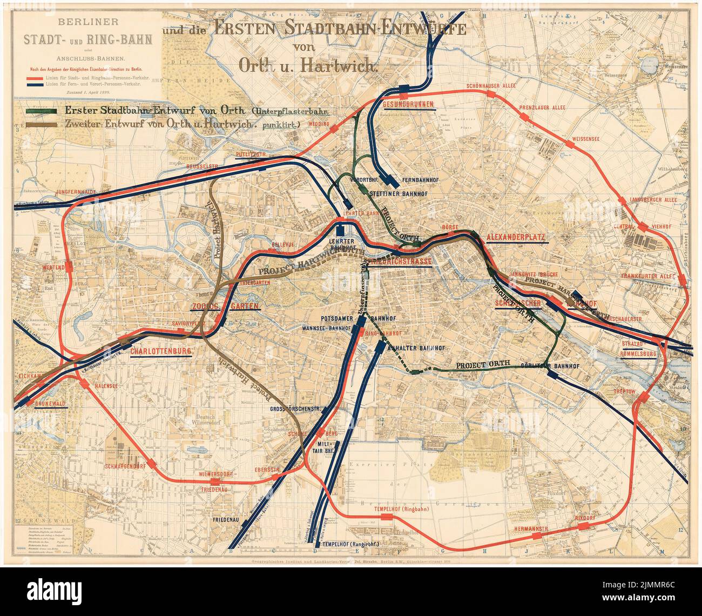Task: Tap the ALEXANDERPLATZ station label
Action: point(517,237)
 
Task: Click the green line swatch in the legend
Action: point(41,110)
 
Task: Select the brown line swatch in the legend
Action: point(41,124)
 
